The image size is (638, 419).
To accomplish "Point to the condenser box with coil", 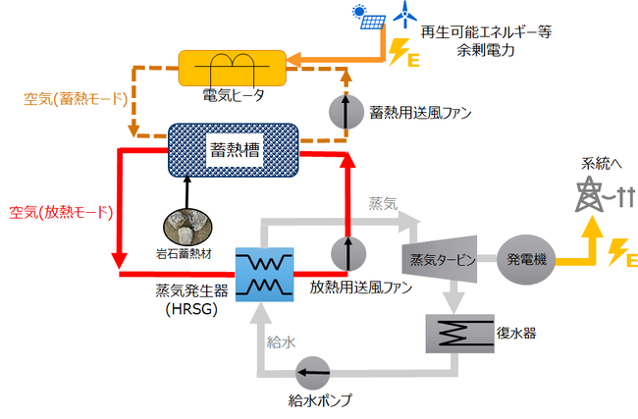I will tap(457, 333).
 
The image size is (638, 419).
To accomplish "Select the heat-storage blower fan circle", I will tap(345, 112).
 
